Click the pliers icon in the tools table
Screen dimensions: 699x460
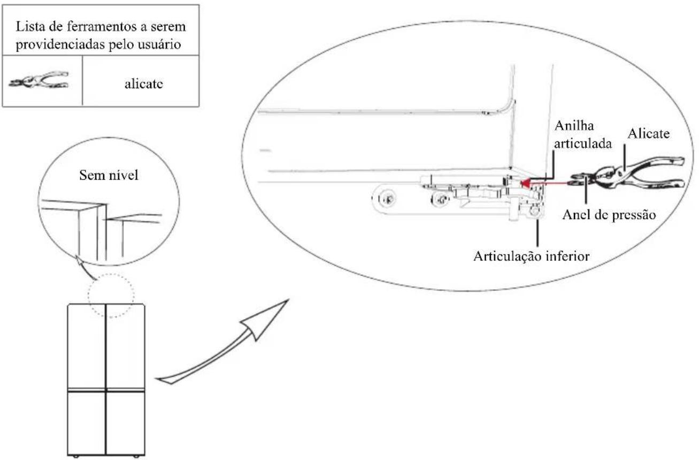coord(39,80)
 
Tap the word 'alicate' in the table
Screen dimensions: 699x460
coord(143,84)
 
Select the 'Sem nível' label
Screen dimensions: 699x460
coord(109,175)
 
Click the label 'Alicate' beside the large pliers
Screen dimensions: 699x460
coord(648,134)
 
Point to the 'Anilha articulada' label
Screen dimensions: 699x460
coord(582,135)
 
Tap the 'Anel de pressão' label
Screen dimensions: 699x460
coord(609,215)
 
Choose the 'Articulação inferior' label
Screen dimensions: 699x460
coord(532,257)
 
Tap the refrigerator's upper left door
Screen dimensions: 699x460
coord(87,346)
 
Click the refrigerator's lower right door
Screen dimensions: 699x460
coord(126,423)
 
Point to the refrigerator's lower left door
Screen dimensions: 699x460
coord(87,423)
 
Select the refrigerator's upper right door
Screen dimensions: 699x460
coord(126,346)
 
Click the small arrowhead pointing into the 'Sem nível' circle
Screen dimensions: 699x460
coord(79,259)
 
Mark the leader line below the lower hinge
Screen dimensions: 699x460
coord(537,232)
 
